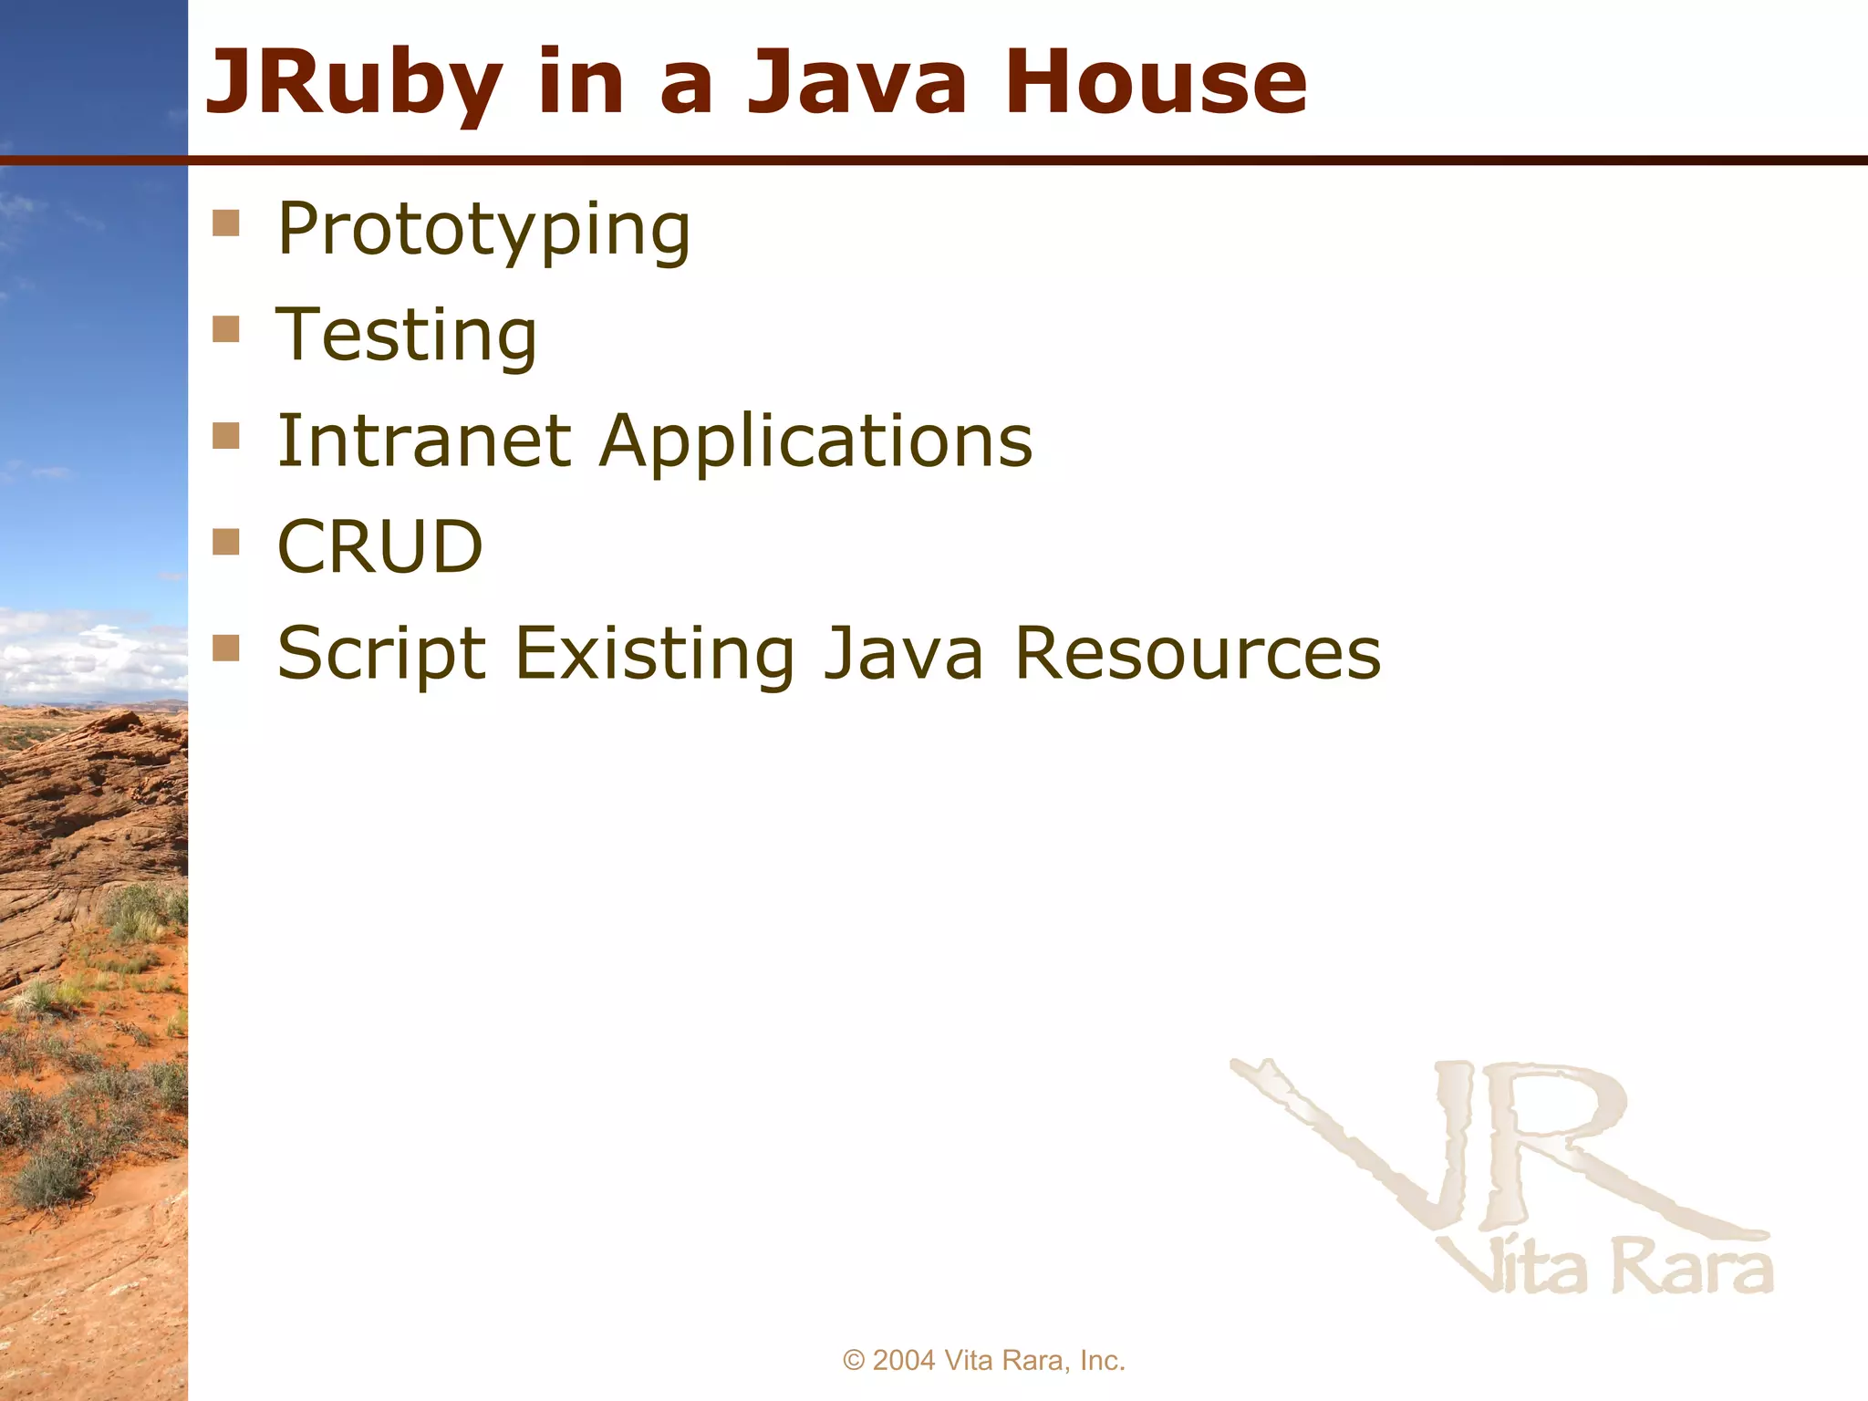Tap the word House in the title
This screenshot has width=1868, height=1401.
pos(1156,84)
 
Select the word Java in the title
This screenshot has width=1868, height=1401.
pos(856,84)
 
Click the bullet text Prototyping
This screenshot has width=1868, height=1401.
pos(483,230)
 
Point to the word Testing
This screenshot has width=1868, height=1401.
pos(407,336)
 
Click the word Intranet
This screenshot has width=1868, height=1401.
pos(424,441)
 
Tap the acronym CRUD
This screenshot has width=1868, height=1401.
pos(379,547)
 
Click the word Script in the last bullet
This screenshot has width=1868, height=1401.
pos(381,655)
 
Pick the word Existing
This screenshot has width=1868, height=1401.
pos(654,655)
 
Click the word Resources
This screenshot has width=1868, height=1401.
pos(1198,653)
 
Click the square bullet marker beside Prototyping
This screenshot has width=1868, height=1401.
pos(225,223)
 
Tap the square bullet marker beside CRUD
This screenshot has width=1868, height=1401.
pos(225,542)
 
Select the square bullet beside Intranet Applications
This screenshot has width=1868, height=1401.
pos(225,436)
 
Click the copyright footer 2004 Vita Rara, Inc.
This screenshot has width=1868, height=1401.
pos(984,1360)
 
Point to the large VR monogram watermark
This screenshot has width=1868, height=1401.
pos(1496,1149)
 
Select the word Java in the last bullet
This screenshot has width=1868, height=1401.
pos(903,653)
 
